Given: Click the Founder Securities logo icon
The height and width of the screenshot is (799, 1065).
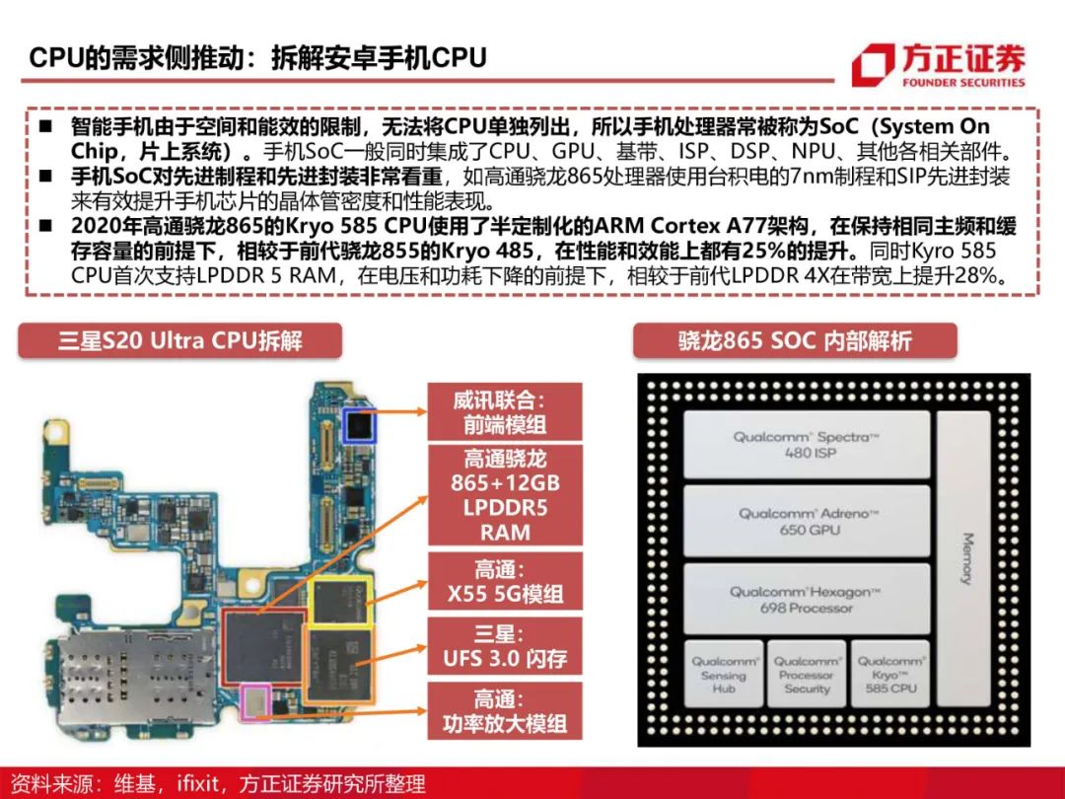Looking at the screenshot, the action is point(873,64).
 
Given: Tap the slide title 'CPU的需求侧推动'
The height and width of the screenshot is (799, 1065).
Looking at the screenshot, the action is point(136,58).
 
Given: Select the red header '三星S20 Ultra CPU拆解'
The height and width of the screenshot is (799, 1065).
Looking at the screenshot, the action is point(180,340).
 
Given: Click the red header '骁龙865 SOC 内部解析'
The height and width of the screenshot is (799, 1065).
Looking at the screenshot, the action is point(795,340).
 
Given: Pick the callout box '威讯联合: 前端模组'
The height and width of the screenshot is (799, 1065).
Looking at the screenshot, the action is point(505,411).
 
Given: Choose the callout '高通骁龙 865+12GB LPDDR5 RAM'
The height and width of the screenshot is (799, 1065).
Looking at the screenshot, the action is point(505,495).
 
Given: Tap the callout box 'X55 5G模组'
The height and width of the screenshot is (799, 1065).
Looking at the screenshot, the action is point(505,581).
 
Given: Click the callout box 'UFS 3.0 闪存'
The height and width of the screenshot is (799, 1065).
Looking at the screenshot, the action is point(505,646).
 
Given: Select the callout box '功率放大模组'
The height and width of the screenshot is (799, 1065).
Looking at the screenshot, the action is point(505,711).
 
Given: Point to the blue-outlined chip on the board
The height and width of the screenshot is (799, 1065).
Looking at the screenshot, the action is point(359,425).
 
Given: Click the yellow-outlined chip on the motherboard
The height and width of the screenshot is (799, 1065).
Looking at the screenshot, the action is point(340,601).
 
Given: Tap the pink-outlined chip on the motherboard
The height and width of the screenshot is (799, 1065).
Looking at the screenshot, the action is point(256,702).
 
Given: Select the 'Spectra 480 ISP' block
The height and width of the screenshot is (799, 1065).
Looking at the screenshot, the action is point(807,445).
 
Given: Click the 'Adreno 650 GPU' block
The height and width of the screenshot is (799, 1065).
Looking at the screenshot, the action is point(807,522).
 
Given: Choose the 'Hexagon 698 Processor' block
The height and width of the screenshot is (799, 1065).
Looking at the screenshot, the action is point(807,600).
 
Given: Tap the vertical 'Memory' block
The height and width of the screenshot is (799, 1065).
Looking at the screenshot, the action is point(964,558).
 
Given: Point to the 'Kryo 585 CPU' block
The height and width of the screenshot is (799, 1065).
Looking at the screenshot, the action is point(890,674).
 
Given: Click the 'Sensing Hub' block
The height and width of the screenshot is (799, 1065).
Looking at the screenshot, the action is point(724,674).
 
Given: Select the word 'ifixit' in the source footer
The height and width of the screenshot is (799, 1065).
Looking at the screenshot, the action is point(197,783).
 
